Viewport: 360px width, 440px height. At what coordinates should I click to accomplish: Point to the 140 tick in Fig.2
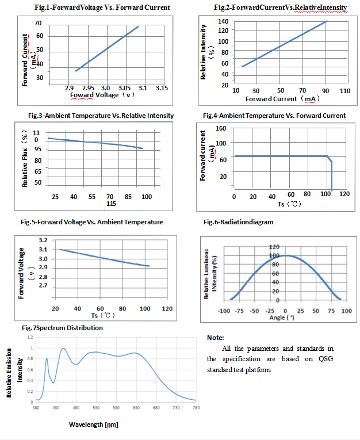[223, 21]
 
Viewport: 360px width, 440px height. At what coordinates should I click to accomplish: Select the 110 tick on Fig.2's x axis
[344, 91]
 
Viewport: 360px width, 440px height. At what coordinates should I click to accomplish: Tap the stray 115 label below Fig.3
[111, 204]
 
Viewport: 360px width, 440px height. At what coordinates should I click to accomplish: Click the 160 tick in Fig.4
[221, 128]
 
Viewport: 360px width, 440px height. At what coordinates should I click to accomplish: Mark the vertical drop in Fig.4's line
[332, 177]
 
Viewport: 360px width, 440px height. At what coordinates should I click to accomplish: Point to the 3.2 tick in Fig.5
[43, 240]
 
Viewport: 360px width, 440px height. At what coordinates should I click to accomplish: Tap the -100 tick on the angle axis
[224, 311]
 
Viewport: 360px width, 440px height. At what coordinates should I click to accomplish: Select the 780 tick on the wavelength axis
[196, 407]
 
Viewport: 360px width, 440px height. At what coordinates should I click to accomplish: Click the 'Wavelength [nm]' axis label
[94, 424]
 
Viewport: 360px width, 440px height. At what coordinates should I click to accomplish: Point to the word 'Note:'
[215, 338]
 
